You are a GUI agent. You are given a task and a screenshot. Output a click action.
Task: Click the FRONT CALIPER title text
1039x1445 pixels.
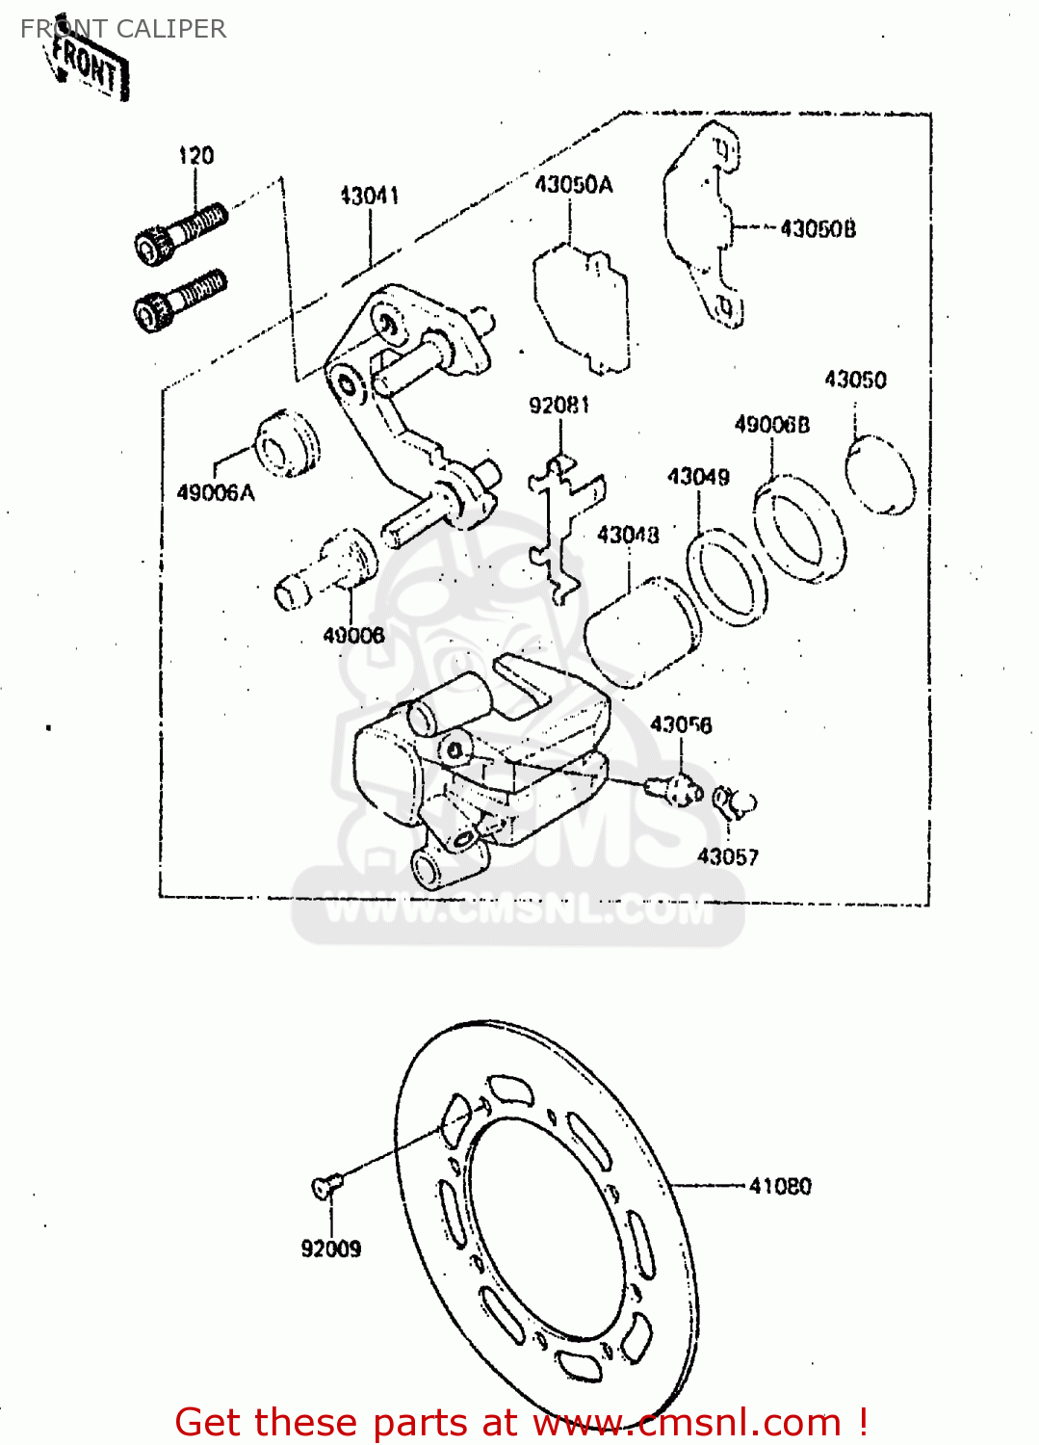tap(123, 29)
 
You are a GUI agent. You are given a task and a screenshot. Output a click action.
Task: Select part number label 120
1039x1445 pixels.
tap(196, 156)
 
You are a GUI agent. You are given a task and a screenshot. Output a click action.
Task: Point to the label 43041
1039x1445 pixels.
tap(369, 196)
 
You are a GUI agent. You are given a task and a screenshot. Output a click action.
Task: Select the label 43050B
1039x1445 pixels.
tap(818, 229)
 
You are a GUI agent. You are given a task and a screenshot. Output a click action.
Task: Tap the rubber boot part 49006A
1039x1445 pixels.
tap(285, 444)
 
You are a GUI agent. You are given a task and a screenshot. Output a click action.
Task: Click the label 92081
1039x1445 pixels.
tap(558, 406)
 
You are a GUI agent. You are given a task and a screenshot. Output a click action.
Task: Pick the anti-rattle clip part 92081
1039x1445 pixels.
tap(563, 529)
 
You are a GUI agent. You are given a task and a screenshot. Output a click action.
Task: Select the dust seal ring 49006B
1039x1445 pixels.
tap(798, 529)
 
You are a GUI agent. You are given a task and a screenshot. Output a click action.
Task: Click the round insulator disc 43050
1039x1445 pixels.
tap(880, 475)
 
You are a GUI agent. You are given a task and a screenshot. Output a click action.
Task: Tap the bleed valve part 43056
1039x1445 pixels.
tap(675, 790)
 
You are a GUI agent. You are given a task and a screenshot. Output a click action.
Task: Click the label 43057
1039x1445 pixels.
tap(727, 856)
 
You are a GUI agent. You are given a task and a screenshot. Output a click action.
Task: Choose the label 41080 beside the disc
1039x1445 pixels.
tap(780, 1186)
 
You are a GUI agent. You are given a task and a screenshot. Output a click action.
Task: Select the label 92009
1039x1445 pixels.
tap(331, 1248)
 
